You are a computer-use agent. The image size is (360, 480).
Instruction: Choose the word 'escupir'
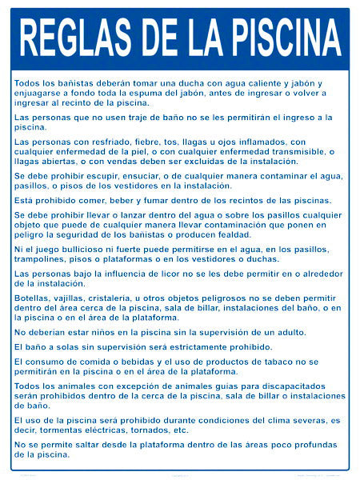click(x=102, y=176)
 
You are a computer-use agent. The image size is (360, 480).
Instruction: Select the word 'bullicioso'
click(x=83, y=250)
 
